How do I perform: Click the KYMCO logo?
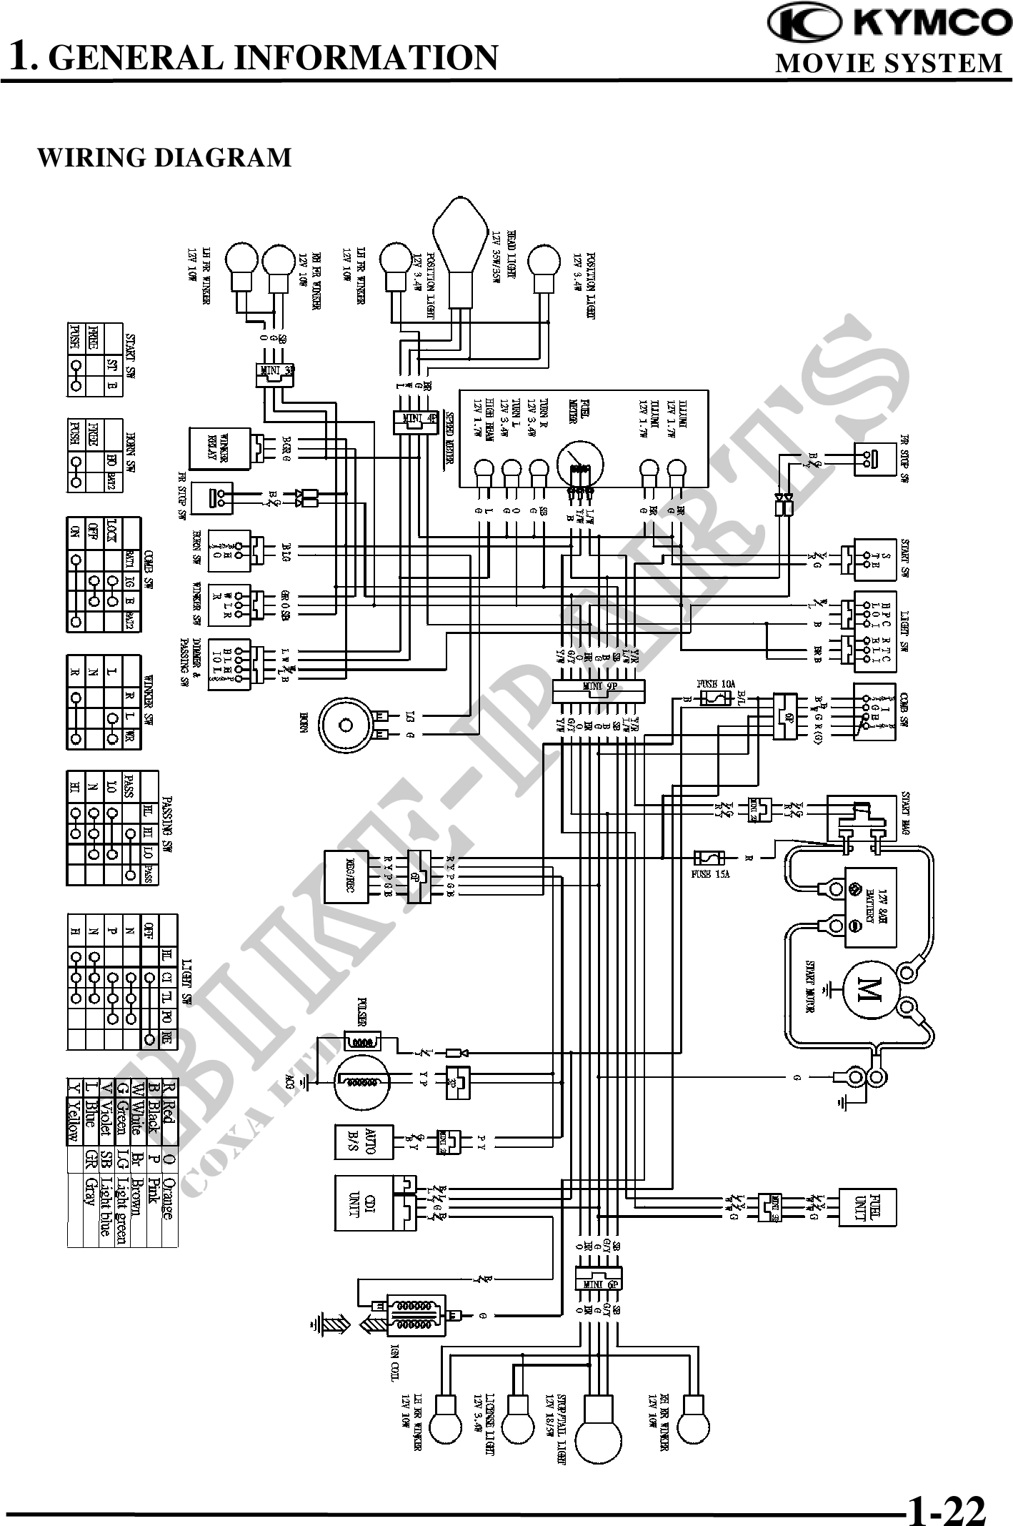(889, 24)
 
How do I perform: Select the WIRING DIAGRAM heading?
(164, 157)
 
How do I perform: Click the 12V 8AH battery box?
(870, 907)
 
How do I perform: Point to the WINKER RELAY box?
(219, 448)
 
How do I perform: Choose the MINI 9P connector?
(599, 688)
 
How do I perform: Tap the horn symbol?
(346, 725)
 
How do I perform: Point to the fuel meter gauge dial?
(579, 465)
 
